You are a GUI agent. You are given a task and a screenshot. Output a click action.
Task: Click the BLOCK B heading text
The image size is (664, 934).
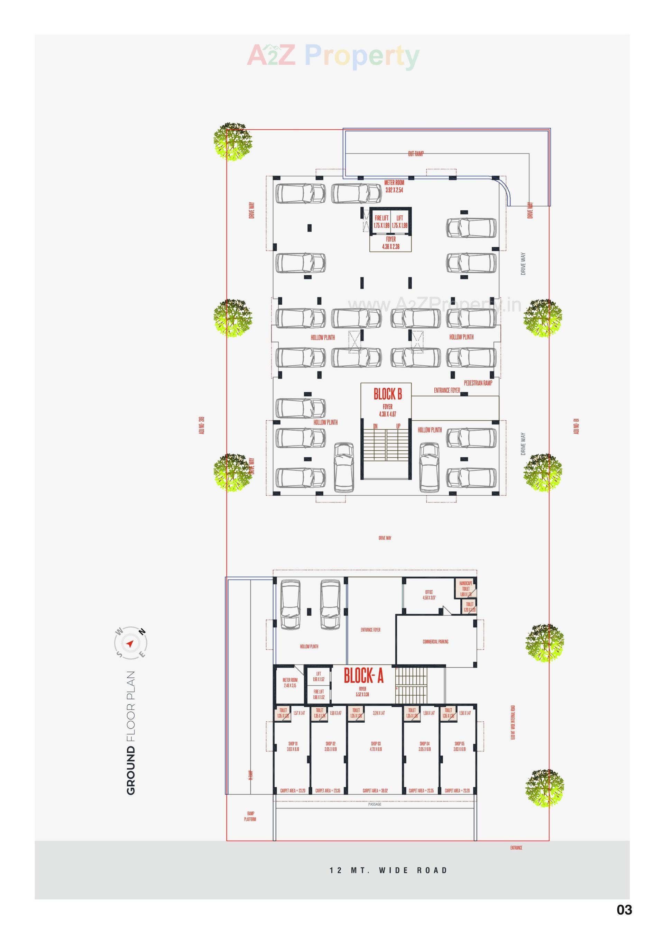(x=387, y=394)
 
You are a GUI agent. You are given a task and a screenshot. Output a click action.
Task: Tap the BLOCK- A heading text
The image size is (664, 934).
(x=363, y=676)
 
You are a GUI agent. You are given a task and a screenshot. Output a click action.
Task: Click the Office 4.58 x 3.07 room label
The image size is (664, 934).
(x=428, y=595)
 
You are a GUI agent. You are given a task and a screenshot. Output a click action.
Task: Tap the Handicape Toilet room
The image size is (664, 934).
(x=466, y=588)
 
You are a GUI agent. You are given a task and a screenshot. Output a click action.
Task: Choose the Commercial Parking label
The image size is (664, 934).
(x=435, y=642)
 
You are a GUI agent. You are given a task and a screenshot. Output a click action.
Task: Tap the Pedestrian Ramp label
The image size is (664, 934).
(x=478, y=383)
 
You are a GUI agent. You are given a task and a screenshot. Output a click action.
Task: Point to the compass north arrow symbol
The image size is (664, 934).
(x=130, y=644)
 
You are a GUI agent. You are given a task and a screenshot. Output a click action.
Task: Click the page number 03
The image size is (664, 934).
(x=624, y=910)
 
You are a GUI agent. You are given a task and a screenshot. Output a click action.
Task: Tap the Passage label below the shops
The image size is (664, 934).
(x=375, y=804)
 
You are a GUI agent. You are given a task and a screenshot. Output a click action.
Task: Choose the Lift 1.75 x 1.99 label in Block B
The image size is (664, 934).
(x=399, y=222)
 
